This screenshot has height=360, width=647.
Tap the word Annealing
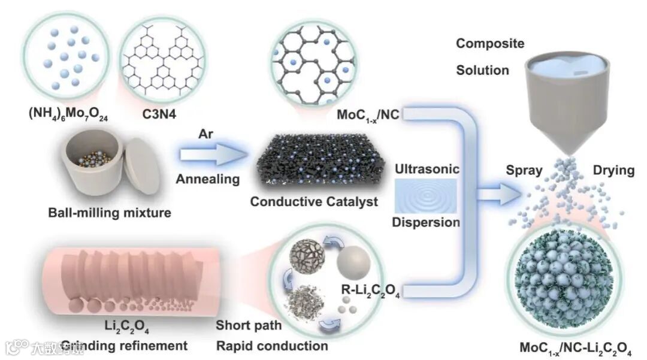[208, 179]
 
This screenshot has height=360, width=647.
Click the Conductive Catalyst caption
[314, 201]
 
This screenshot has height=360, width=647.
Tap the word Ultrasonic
[427, 170]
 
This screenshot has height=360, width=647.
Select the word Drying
[613, 170]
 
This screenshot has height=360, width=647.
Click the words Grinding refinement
[113, 346]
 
